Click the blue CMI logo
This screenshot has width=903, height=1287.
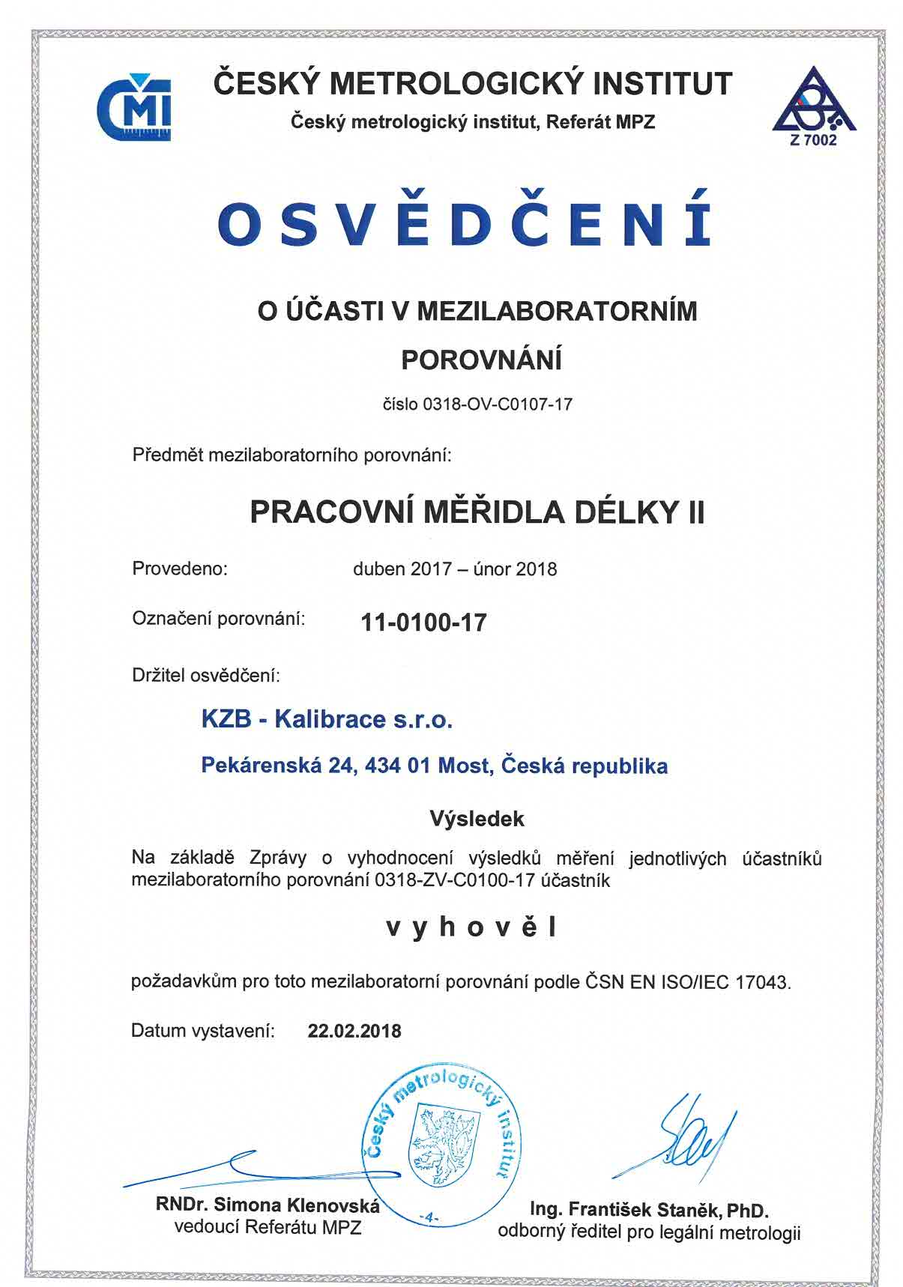click(x=134, y=109)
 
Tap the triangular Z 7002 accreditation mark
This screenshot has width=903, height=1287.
click(x=814, y=106)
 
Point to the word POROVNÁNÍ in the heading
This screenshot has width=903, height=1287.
click(x=481, y=360)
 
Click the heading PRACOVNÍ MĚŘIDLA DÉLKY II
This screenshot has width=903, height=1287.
click(x=477, y=512)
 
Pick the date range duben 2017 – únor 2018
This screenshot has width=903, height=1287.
click(x=455, y=569)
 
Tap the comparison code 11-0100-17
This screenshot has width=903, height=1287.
click(x=423, y=623)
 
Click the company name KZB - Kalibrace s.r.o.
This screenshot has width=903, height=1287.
click(x=327, y=720)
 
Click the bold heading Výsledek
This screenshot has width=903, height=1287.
click(x=477, y=819)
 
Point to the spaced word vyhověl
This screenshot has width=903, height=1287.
click(x=472, y=928)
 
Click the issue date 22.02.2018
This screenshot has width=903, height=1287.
click(x=354, y=1032)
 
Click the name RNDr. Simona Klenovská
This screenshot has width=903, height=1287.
click(x=268, y=1205)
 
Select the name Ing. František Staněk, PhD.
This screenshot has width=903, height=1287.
click(x=649, y=1210)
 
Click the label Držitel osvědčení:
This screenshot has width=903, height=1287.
click(x=206, y=676)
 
